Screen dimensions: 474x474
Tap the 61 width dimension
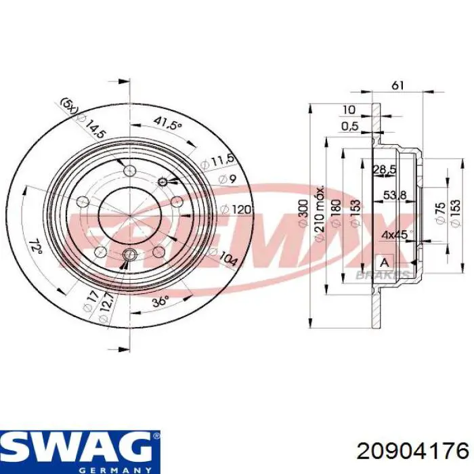[398, 85]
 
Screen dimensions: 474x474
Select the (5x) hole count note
[68, 106]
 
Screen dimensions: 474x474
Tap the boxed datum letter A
[384, 262]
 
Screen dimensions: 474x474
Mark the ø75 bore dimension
[440, 211]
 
